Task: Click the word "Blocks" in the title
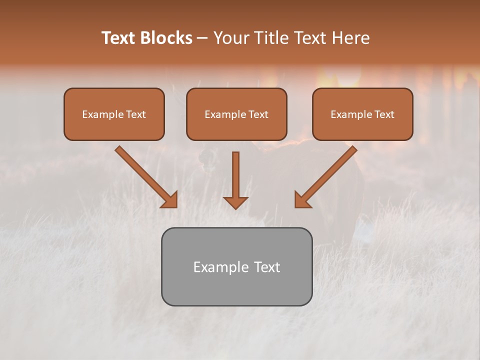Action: click(x=166, y=38)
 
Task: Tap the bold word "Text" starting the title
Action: click(x=118, y=38)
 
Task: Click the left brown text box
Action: click(x=114, y=127)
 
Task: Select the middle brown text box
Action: click(x=236, y=127)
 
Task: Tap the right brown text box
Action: click(x=362, y=127)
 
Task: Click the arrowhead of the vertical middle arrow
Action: click(x=235, y=202)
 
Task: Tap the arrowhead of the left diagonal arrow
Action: click(x=169, y=199)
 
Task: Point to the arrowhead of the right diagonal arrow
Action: click(x=302, y=199)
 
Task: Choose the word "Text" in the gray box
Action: click(x=266, y=267)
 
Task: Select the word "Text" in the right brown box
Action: click(x=384, y=114)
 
